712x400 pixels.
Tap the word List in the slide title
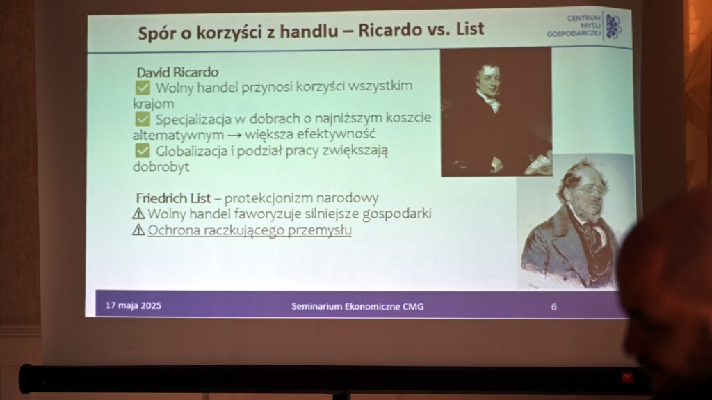pyautogui.click(x=470, y=29)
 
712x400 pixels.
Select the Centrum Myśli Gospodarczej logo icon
pyautogui.click(x=613, y=26)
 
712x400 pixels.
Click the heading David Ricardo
pyautogui.click(x=177, y=72)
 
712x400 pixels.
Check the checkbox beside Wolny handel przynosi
pyautogui.click(x=143, y=88)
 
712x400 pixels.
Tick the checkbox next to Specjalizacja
pyautogui.click(x=143, y=119)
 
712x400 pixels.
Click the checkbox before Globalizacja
pyautogui.click(x=143, y=150)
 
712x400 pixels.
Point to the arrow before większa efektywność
pyautogui.click(x=234, y=135)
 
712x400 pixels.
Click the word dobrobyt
pyautogui.click(x=161, y=167)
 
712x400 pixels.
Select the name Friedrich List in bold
pyautogui.click(x=173, y=198)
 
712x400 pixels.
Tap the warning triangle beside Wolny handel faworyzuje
pyautogui.click(x=138, y=214)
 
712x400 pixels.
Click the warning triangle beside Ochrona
pyautogui.click(x=138, y=230)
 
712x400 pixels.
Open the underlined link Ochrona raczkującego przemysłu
pyautogui.click(x=250, y=230)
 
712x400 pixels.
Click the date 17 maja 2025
pyautogui.click(x=133, y=305)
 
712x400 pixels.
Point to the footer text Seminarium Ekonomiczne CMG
pyautogui.click(x=358, y=306)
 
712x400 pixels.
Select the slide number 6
pyautogui.click(x=554, y=307)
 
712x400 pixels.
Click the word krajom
pyautogui.click(x=154, y=104)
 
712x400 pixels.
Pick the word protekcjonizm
pyautogui.click(x=268, y=198)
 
